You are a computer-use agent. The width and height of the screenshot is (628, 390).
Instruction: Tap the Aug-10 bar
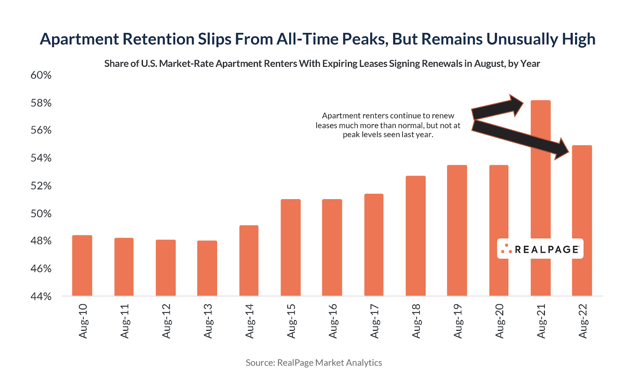(x=82, y=265)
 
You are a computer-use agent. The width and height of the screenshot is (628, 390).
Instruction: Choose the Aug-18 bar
(x=416, y=236)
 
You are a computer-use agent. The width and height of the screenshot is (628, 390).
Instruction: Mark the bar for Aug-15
(x=290, y=247)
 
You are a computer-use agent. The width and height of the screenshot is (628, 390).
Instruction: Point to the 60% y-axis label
(x=41, y=75)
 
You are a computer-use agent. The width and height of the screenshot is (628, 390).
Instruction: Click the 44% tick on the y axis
(x=41, y=297)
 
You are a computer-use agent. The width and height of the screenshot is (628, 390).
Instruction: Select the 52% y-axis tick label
(x=41, y=186)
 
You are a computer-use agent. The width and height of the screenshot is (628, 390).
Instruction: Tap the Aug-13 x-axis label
(x=208, y=321)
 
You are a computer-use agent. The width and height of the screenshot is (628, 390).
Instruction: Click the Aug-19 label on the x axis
(x=458, y=321)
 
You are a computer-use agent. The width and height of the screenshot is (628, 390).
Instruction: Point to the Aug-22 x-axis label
(x=582, y=321)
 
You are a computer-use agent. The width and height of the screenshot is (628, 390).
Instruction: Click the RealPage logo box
(x=540, y=249)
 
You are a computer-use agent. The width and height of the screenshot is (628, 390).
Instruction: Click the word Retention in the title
(x=159, y=39)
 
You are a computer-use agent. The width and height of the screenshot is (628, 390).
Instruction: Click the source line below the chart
(x=314, y=363)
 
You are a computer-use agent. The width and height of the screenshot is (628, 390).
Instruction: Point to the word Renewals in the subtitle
(x=445, y=64)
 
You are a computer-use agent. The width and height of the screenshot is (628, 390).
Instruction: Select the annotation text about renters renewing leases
(x=388, y=125)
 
